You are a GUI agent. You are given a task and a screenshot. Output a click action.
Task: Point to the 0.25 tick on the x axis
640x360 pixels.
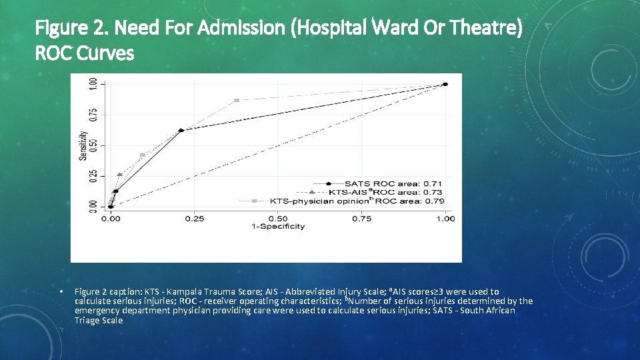(195, 219)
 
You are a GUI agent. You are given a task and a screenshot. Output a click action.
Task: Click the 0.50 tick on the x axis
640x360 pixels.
(278, 219)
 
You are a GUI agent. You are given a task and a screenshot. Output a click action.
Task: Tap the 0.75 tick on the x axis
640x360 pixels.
(362, 219)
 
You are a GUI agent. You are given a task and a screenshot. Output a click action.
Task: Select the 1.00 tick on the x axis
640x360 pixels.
(445, 219)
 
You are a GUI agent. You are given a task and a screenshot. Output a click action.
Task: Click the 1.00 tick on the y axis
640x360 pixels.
(93, 84)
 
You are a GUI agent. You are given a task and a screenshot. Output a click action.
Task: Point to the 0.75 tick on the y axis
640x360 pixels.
(93, 115)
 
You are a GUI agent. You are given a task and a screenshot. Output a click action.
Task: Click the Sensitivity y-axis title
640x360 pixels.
(83, 145)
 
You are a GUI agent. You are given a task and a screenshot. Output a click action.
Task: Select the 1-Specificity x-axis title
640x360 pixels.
(278, 227)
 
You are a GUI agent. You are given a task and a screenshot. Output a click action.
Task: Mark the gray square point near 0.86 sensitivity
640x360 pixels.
(237, 100)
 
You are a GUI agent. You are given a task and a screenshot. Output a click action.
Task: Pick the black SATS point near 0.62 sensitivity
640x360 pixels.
(181, 130)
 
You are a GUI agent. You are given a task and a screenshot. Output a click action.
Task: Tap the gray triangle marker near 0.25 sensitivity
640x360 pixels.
(119, 175)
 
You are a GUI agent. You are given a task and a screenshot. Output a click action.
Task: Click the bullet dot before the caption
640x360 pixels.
(61, 292)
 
